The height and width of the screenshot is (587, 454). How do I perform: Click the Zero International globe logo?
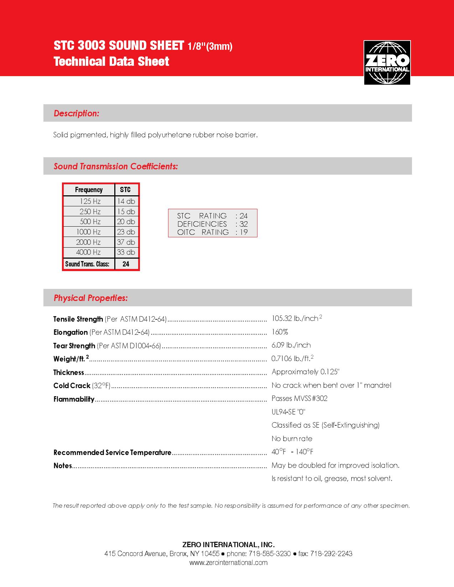[387, 63]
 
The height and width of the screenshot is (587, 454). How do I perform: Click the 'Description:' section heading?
[76, 113]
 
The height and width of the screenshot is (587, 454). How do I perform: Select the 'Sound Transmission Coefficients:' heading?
[116, 166]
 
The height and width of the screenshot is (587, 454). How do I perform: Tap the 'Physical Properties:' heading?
[90, 298]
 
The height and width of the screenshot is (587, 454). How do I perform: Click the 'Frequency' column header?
[89, 190]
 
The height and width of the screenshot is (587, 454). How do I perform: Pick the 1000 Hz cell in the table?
[88, 232]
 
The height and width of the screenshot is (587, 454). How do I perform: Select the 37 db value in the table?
[126, 242]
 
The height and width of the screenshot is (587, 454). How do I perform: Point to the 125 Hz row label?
[90, 201]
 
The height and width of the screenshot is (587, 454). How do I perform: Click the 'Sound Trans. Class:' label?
[87, 264]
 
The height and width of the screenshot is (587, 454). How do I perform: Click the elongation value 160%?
[280, 332]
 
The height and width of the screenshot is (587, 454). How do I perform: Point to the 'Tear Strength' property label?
[74, 346]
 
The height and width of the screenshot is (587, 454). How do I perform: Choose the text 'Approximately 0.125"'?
[306, 372]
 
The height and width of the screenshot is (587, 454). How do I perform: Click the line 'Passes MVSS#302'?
[299, 398]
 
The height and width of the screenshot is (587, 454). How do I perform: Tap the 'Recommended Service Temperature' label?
[112, 453]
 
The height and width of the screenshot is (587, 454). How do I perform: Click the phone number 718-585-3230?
[270, 554]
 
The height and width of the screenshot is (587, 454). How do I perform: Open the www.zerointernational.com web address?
[228, 563]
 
